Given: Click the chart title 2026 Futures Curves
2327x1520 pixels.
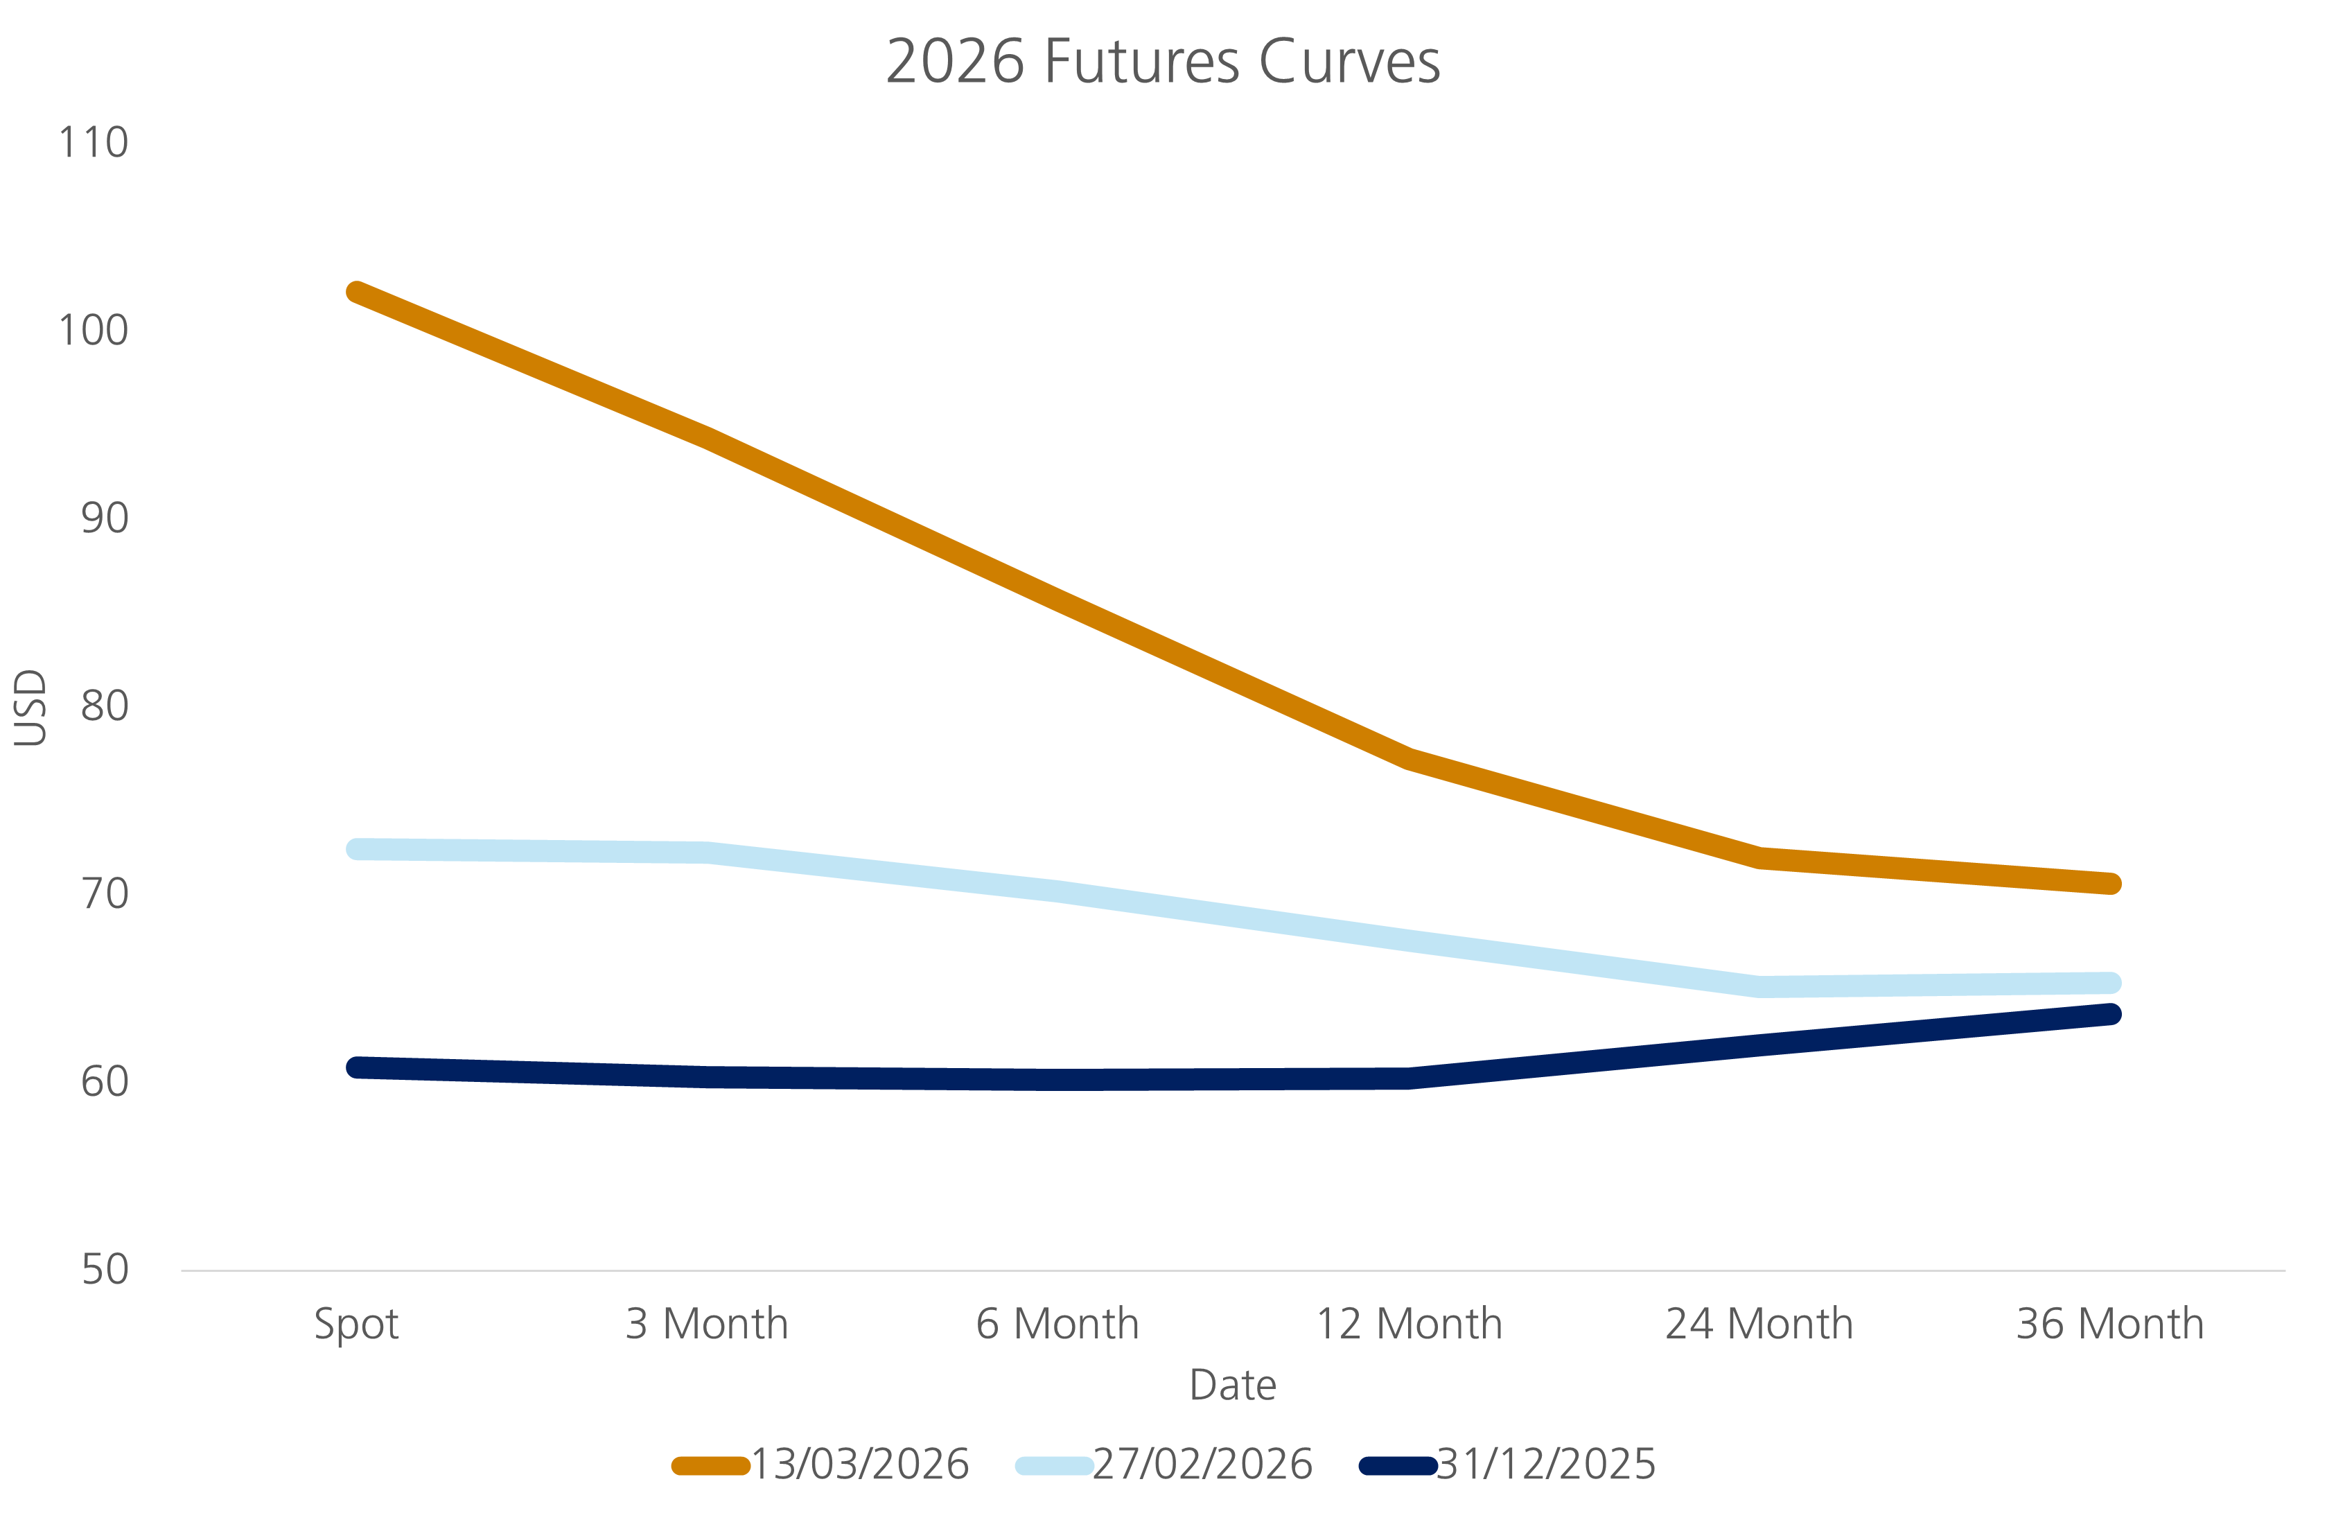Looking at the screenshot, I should [1163, 62].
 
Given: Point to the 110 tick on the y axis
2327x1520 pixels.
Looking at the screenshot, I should [94, 143].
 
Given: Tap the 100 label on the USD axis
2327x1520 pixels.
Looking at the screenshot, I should [94, 331].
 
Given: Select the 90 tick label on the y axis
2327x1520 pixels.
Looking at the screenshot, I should [105, 518].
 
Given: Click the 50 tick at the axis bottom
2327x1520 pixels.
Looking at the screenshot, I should [105, 1270].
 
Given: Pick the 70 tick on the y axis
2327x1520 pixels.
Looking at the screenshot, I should [105, 894].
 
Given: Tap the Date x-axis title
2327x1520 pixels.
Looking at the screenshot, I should [1232, 1385].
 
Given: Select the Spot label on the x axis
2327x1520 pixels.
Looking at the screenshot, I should [356, 1325].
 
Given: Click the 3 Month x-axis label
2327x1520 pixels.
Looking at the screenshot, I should [707, 1325].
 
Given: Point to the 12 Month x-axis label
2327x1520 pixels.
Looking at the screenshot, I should [1409, 1325].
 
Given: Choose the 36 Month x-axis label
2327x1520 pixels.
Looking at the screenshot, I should [2110, 1325].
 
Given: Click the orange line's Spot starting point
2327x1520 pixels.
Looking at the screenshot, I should [357, 292].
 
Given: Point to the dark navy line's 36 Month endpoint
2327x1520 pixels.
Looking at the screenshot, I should [2111, 1014].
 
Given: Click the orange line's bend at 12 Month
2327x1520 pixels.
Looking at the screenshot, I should [1409, 758].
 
